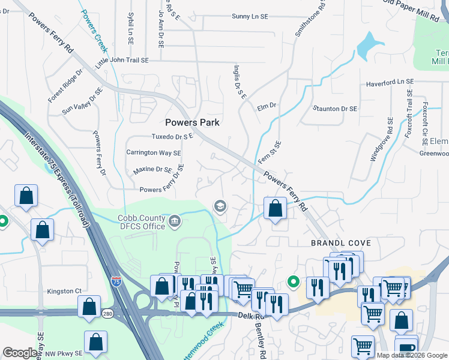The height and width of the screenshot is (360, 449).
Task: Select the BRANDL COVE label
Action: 340,243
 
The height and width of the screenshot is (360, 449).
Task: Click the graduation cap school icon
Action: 220,206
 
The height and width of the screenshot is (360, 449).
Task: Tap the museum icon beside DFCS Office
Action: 174,221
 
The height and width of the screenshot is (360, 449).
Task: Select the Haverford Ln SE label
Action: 390,82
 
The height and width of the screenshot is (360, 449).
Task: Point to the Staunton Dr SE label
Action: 335,109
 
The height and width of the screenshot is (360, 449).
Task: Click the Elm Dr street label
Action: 266,106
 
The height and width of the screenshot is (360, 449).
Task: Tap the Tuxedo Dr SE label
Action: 172,137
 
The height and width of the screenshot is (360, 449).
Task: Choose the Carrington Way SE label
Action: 154,152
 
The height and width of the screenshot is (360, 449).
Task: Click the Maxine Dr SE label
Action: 152,170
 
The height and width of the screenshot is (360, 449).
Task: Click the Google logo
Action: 20,353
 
